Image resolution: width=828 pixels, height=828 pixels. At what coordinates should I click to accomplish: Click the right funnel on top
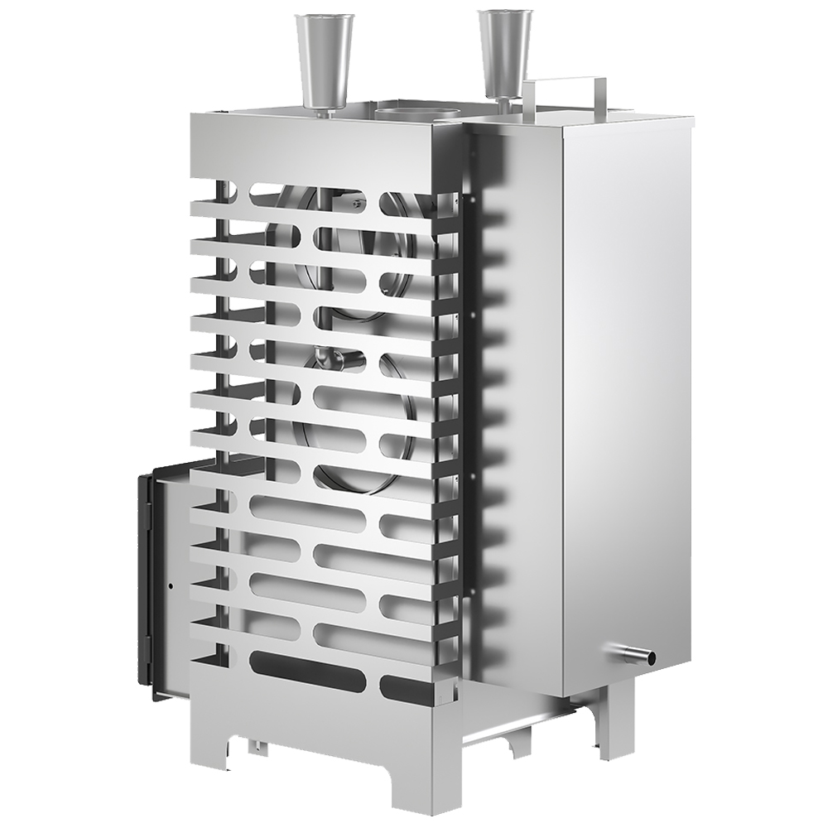point(503,54)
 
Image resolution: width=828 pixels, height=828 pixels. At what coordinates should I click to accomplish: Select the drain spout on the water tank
point(638,655)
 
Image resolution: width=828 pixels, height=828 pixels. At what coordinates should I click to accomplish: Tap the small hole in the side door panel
point(171,586)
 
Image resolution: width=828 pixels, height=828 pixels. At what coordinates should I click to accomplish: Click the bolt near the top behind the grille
point(355,202)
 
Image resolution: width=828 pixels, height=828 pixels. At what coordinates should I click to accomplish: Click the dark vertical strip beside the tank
point(469,397)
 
